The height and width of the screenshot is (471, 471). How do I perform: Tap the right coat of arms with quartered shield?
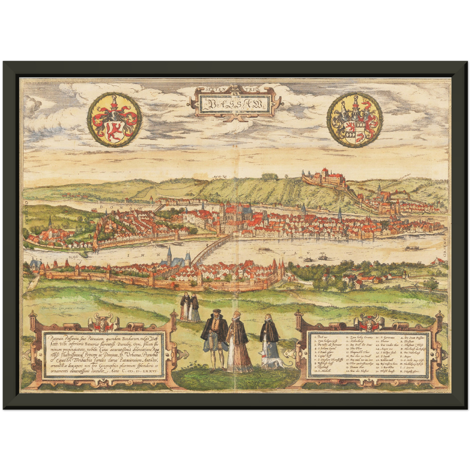coord(356,120)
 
